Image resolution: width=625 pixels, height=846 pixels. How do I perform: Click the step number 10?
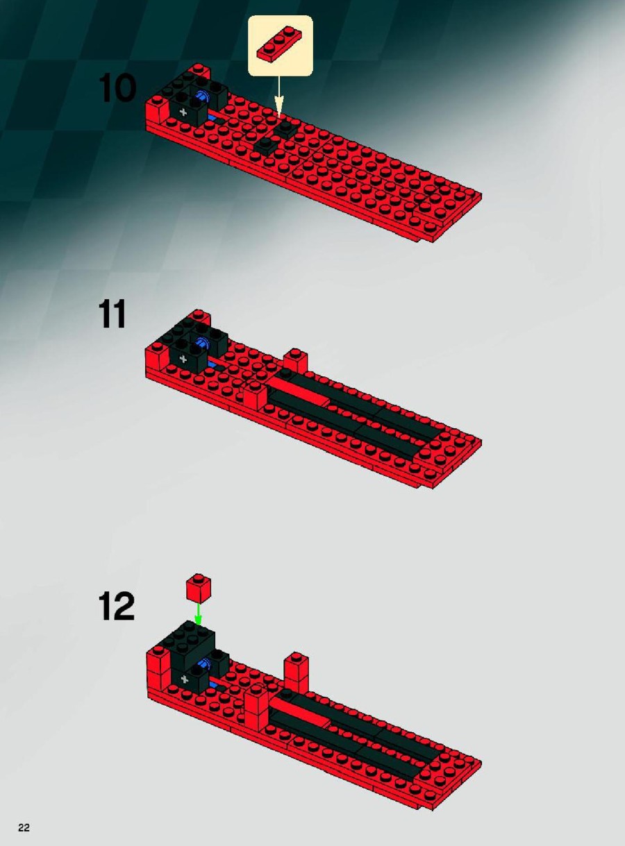(x=117, y=88)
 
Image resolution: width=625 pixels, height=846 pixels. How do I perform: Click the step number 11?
(x=112, y=314)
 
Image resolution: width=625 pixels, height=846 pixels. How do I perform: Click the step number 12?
(x=117, y=607)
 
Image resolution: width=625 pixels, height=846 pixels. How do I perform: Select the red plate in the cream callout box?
(x=280, y=45)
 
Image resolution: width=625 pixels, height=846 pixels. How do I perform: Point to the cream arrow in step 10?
(x=279, y=96)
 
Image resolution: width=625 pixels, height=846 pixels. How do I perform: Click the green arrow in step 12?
(x=198, y=614)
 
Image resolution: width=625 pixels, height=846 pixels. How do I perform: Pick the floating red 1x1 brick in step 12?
(x=198, y=589)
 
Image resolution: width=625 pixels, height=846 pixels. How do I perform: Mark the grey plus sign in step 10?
(x=183, y=112)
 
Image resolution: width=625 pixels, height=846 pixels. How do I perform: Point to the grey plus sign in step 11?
(x=183, y=359)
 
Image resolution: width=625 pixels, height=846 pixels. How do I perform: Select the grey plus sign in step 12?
(x=185, y=679)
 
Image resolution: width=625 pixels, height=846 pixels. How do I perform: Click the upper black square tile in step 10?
(x=285, y=128)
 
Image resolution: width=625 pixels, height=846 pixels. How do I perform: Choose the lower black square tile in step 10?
(x=267, y=144)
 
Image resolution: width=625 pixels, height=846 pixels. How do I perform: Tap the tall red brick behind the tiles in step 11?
(x=295, y=362)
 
